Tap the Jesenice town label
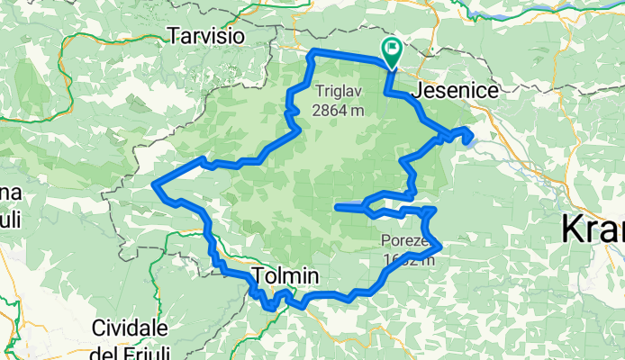[448, 91]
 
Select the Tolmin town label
[286, 275]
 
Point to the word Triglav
[339, 91]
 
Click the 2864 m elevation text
[339, 111]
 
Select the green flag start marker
[393, 50]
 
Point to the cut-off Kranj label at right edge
[592, 229]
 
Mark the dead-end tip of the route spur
[336, 207]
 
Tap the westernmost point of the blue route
[156, 184]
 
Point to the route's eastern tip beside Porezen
[441, 245]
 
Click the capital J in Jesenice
[415, 91]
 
